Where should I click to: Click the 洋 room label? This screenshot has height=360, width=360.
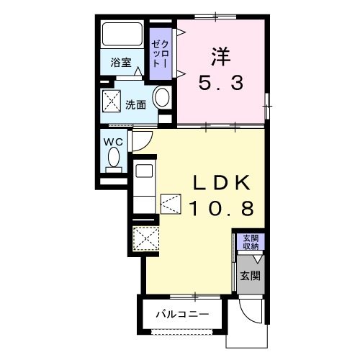coord(220,55)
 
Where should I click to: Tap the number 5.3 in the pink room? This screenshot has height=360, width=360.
coord(220,84)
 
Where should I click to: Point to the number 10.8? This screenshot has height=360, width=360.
coord(221,209)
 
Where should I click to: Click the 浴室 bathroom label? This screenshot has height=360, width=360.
coord(121,63)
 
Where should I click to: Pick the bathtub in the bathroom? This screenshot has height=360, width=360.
coord(122,34)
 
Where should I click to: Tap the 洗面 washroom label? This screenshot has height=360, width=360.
coord(136,104)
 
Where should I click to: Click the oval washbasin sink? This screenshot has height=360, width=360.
coord(163,99)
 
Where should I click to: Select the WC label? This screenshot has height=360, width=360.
coord(114,141)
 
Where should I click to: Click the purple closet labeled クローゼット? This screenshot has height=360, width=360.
coord(158,49)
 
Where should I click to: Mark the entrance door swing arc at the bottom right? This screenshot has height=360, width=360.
coord(248,311)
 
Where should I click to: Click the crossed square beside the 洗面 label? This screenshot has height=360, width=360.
coord(112,102)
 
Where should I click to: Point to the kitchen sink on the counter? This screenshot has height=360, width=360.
coord(143,173)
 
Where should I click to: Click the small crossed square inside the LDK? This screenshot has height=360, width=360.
coord(171,204)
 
